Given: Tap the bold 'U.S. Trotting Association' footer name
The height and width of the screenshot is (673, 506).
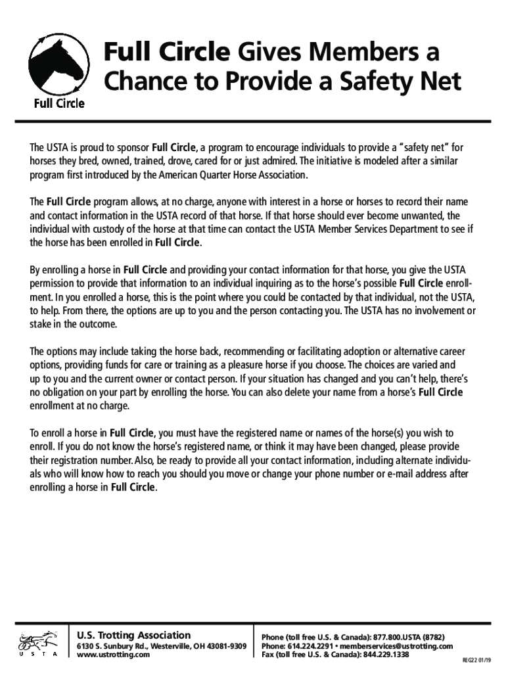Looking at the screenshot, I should pos(134,635).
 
